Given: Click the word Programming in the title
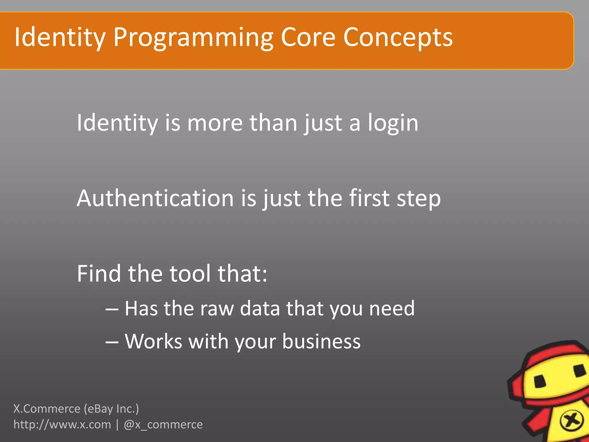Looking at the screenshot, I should pyautogui.click(x=193, y=38).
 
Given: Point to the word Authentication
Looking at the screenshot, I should pyautogui.click(x=155, y=199).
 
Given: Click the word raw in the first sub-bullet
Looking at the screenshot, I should pyautogui.click(x=217, y=309).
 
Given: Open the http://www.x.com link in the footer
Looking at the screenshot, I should pyautogui.click(x=62, y=425).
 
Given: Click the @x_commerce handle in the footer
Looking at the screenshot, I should pyautogui.click(x=163, y=425).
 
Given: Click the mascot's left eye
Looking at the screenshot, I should pyautogui.click(x=540, y=382).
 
